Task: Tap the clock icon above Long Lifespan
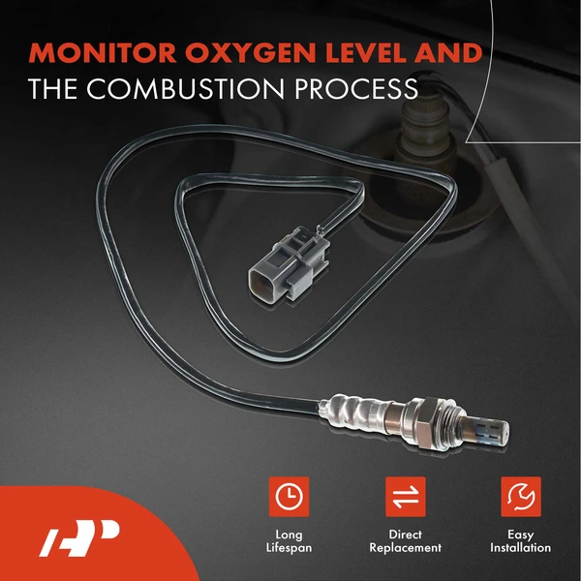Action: [x=289, y=497]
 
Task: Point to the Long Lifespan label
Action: [x=289, y=541]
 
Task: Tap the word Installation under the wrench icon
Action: [x=520, y=548]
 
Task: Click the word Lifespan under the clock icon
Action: [x=289, y=548]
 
